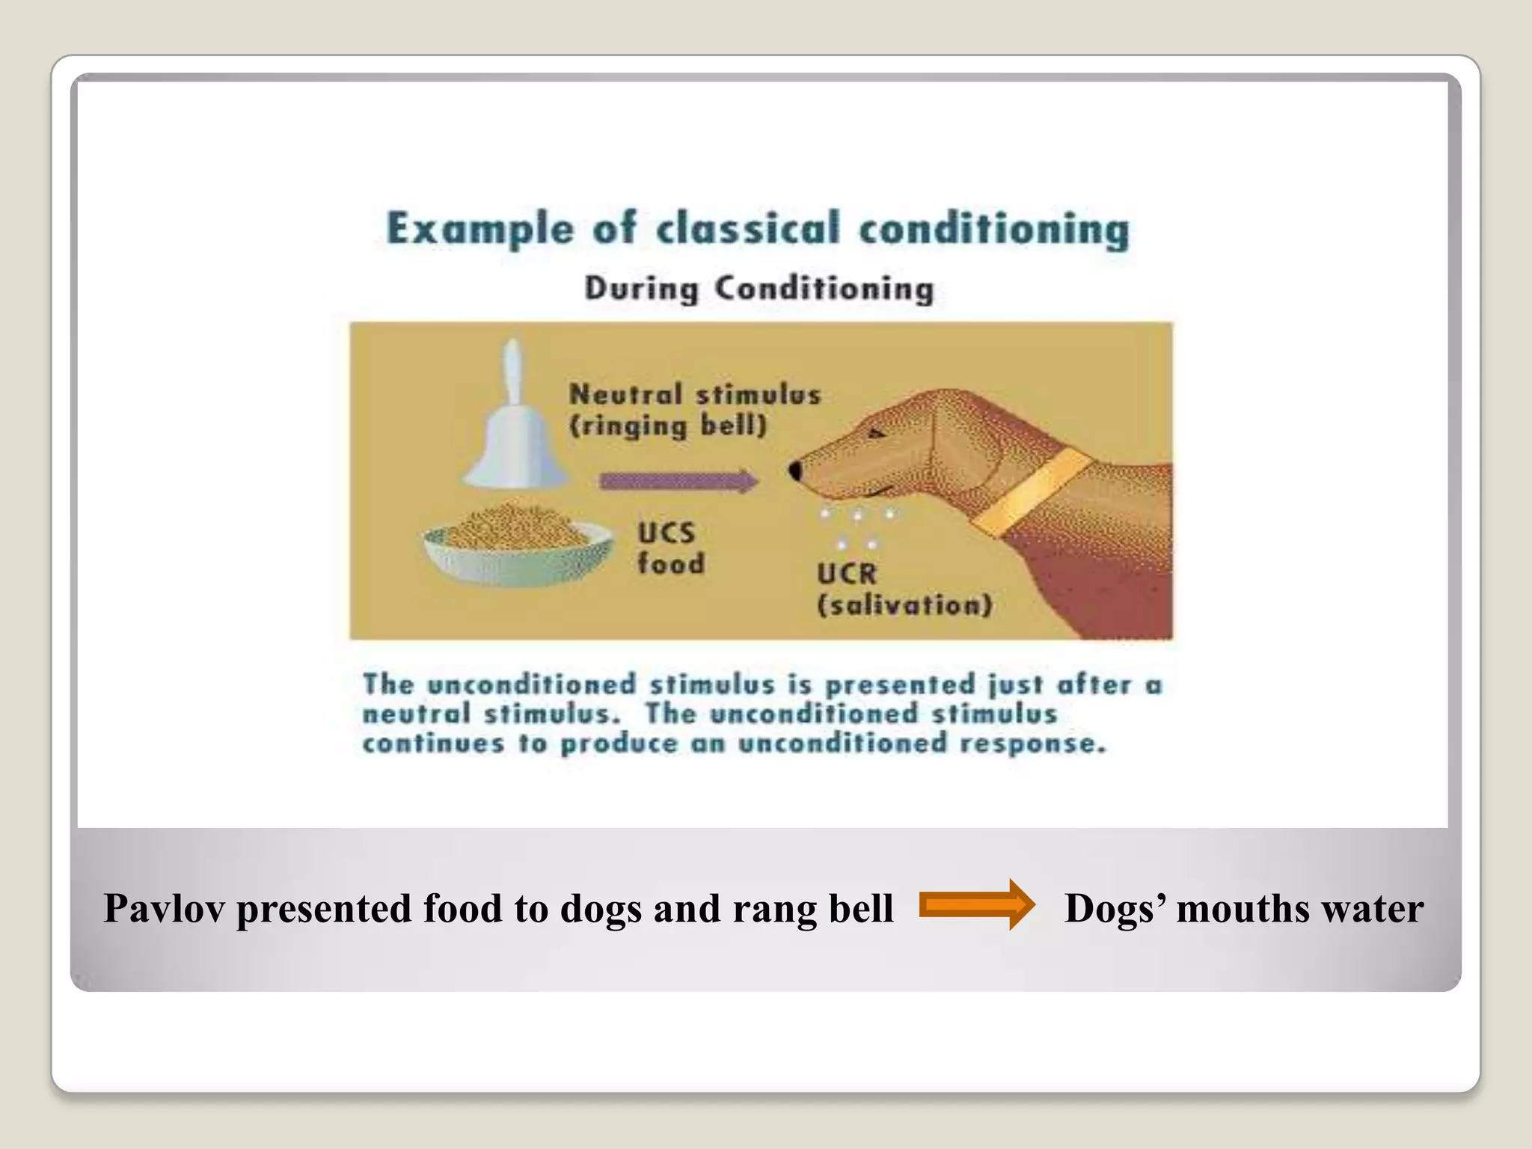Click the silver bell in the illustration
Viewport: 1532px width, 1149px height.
[x=515, y=449]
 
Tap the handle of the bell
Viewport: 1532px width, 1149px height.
[x=512, y=370]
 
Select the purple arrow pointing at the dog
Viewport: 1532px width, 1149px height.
[x=678, y=481]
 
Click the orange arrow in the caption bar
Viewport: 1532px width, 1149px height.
[x=976, y=906]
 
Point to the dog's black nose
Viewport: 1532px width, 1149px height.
[x=795, y=471]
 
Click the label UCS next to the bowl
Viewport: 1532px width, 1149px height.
[x=666, y=533]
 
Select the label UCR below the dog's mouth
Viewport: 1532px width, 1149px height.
[x=846, y=574]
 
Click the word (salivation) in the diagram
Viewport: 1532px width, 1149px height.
[x=905, y=604]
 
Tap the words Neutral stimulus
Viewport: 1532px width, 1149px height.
[x=695, y=394]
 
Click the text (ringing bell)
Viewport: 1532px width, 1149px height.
[x=668, y=426]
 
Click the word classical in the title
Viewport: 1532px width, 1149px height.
[x=748, y=228]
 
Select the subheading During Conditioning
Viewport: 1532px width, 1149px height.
[x=759, y=289]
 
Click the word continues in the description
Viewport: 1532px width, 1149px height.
[x=433, y=744]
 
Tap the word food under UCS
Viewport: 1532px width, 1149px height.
[x=671, y=563]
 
